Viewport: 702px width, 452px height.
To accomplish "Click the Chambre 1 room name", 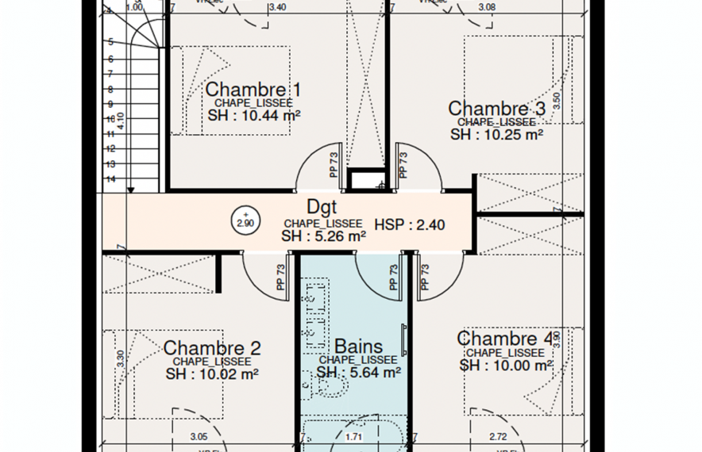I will click(x=253, y=89).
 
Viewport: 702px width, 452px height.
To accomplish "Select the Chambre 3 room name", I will click(x=496, y=109).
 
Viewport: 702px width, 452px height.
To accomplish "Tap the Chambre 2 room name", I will click(x=211, y=348).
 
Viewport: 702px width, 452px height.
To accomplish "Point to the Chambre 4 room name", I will click(x=505, y=339).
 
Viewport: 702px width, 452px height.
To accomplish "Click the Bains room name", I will click(x=358, y=347).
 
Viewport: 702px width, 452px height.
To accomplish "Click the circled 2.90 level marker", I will click(x=245, y=220).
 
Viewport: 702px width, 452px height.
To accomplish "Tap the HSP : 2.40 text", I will click(x=409, y=224).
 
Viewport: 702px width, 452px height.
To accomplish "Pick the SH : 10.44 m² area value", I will click(x=254, y=116).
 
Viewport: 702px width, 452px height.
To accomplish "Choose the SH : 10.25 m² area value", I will click(x=496, y=134).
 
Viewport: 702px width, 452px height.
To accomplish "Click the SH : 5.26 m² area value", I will click(x=323, y=236).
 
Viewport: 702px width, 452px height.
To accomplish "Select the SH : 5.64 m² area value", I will click(x=358, y=372).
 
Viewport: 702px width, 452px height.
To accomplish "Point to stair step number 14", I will click(x=110, y=179).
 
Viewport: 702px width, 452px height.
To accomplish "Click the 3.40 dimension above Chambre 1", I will click(x=277, y=7).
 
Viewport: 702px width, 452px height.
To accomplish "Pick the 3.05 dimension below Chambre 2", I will click(x=199, y=436).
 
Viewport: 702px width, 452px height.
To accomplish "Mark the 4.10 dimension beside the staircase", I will click(x=120, y=121).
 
